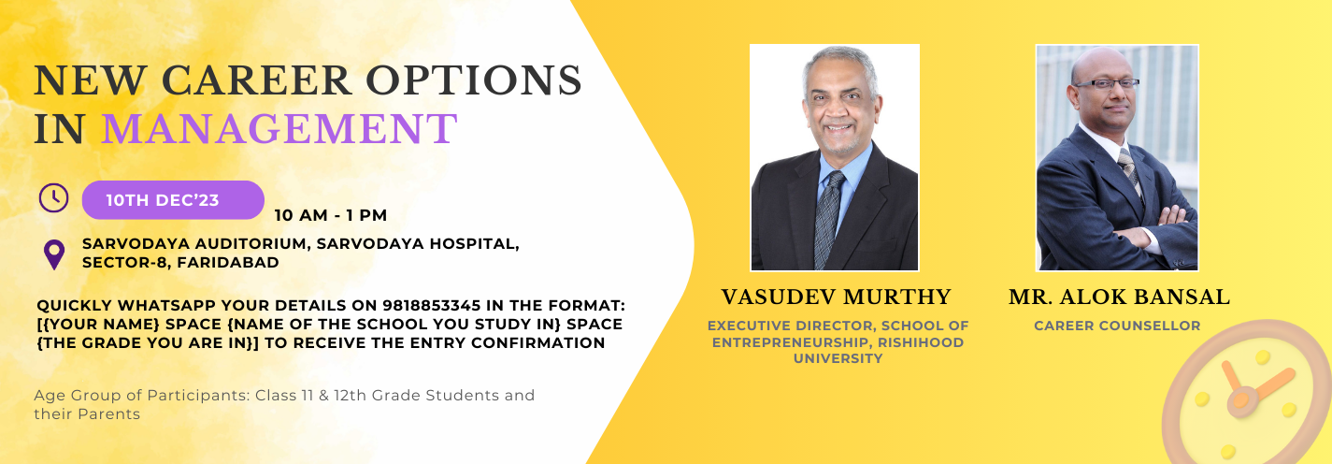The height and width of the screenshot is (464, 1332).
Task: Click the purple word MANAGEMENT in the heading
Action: (279, 129)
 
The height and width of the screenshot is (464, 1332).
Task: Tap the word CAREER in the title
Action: (256, 80)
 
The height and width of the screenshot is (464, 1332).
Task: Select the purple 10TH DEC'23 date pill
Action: (173, 200)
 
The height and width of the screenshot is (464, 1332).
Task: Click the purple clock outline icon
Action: (53, 197)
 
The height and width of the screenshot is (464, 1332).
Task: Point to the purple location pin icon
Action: (54, 254)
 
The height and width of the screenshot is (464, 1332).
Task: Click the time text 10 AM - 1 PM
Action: (331, 215)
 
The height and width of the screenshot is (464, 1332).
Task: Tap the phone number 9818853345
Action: (431, 306)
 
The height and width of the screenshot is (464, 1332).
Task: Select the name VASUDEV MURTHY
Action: (836, 297)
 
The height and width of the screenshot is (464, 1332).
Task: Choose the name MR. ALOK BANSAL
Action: (1119, 297)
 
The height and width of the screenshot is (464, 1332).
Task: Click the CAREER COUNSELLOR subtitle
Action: (1117, 326)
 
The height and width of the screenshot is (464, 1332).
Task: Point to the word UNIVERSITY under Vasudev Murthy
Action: (838, 358)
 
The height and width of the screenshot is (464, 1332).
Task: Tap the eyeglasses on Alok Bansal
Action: (1106, 84)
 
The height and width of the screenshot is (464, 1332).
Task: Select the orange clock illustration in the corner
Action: (1248, 393)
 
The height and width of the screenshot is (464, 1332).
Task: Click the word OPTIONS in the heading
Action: (473, 80)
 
